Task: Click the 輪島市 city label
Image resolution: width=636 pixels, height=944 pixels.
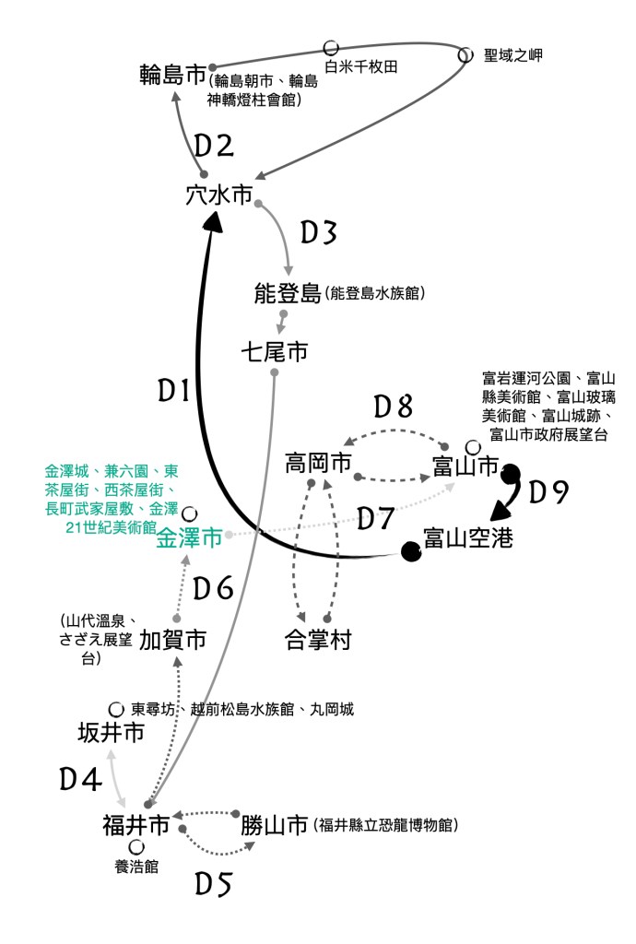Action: (x=172, y=75)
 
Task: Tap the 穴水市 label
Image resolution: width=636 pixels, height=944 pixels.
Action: (x=219, y=195)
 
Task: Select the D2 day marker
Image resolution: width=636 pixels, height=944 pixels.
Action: (x=214, y=147)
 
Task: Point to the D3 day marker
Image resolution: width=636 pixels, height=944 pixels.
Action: (x=318, y=232)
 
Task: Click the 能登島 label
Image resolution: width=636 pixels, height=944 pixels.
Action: (x=288, y=293)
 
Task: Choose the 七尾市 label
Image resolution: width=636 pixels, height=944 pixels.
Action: (x=275, y=351)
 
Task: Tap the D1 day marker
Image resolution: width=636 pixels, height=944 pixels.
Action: (x=174, y=391)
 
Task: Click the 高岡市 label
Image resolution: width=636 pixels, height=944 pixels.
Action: (x=318, y=463)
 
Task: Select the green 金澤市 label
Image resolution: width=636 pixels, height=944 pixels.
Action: (x=189, y=537)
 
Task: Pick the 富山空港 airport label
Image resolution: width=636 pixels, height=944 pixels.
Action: (x=468, y=537)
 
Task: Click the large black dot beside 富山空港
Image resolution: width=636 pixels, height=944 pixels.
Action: (x=411, y=551)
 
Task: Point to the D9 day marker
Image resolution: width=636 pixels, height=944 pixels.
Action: (x=548, y=492)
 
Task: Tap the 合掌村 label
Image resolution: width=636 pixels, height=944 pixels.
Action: (x=318, y=640)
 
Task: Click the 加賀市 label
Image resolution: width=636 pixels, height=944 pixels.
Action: (x=172, y=640)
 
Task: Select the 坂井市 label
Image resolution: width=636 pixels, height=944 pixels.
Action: (x=112, y=733)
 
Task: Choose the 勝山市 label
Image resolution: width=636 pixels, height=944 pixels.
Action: (x=275, y=825)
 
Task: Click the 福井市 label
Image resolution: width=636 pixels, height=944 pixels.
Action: (x=136, y=825)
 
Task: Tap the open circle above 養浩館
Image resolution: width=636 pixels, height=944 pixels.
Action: (x=136, y=848)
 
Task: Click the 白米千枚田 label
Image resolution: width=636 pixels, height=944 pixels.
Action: (x=361, y=66)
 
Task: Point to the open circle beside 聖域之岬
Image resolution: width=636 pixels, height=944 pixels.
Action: (x=465, y=54)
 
